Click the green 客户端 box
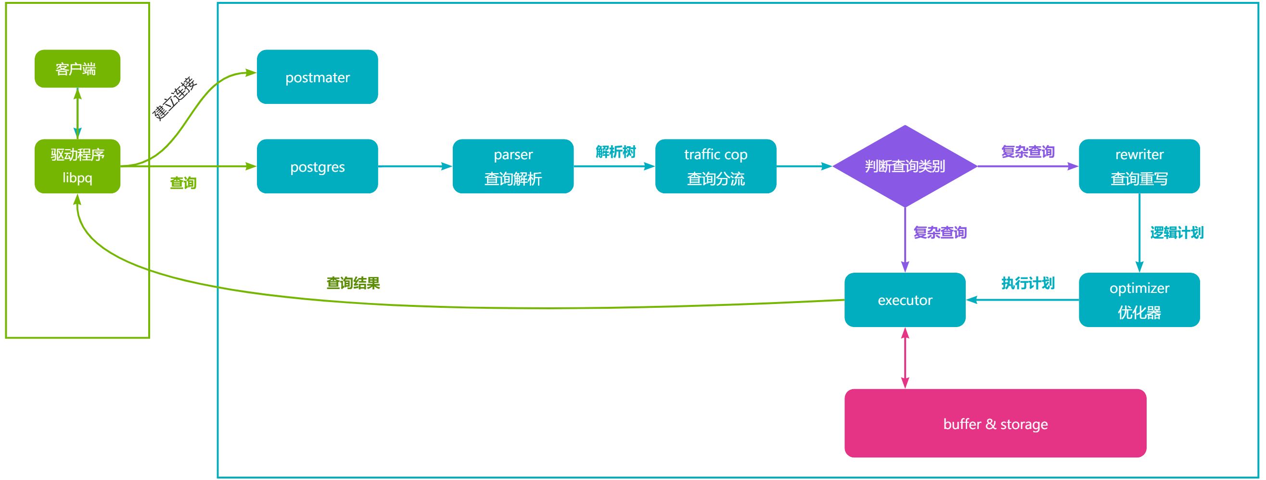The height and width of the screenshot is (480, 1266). (77, 69)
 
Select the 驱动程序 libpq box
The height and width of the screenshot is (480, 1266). (77, 166)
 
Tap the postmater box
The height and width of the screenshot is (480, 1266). (317, 76)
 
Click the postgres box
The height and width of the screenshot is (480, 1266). (317, 166)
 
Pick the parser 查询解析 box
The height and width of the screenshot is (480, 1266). (512, 166)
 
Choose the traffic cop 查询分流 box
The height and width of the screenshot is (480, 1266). (716, 166)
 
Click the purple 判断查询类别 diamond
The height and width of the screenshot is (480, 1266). (905, 166)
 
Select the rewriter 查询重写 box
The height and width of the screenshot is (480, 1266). (1138, 166)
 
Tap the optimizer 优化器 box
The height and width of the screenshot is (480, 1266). (1138, 300)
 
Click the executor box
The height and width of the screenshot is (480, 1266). (905, 300)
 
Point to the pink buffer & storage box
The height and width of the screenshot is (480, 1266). (995, 423)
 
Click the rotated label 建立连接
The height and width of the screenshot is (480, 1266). (175, 99)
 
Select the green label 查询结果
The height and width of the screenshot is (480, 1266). (353, 283)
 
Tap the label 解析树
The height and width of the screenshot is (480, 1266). (615, 152)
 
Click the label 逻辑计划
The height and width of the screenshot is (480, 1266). (1176, 232)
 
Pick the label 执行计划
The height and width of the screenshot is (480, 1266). (1028, 283)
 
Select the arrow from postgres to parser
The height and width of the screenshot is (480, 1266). (415, 166)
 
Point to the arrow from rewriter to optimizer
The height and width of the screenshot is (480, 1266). (1139, 233)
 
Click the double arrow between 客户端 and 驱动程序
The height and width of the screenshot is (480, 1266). (77, 114)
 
